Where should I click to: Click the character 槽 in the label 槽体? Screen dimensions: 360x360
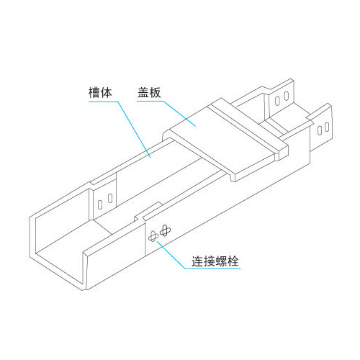[94, 92]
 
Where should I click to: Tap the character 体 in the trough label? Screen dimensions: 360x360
[106, 92]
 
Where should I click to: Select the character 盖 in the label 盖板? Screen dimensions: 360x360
[143, 92]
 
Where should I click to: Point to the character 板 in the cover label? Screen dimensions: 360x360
[155, 92]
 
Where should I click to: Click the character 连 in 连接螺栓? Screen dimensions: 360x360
[197, 261]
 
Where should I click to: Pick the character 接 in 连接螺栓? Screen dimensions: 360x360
[210, 261]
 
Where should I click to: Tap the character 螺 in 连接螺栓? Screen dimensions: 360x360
[221, 261]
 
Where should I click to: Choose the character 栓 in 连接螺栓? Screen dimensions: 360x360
[233, 261]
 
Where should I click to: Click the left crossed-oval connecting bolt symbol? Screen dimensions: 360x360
[153, 236]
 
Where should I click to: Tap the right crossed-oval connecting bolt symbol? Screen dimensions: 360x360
[165, 230]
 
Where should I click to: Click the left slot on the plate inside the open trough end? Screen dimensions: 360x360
[100, 204]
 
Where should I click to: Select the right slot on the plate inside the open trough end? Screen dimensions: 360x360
[110, 198]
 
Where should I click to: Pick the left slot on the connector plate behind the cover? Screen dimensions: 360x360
[277, 101]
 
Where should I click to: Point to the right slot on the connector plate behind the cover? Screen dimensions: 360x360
[287, 96]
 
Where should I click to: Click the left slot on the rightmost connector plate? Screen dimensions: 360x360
[320, 130]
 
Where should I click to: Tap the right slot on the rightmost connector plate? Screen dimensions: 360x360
[327, 127]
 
